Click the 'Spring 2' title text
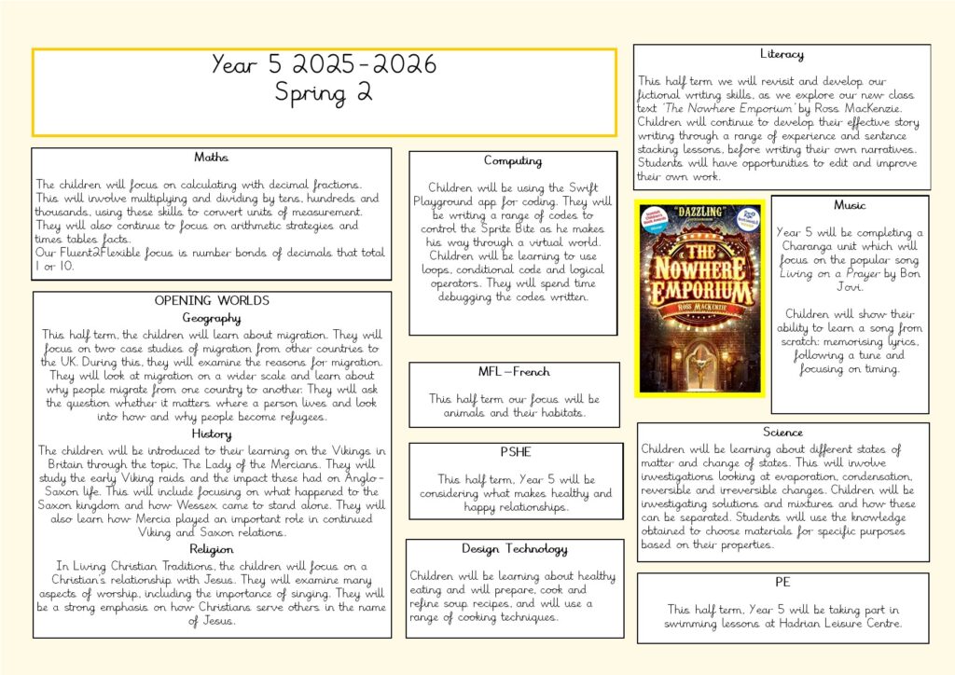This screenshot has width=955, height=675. coord(324,92)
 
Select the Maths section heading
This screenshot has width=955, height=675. coord(211,157)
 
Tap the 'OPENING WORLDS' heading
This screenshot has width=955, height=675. coord(212,301)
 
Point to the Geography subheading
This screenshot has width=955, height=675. coord(212,318)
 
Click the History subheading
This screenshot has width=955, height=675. coord(212,434)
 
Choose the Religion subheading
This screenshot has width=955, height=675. coord(212,549)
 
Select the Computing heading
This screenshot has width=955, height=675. coord(513,161)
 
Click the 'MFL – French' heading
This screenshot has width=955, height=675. coord(514,373)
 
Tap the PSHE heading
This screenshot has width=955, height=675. coord(516,452)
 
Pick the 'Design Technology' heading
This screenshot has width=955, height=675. coord(515,548)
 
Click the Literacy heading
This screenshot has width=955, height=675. coord(782,54)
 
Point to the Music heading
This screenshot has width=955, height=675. coord(850,205)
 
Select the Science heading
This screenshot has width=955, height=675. coord(782,432)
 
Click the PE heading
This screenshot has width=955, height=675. coord(782,582)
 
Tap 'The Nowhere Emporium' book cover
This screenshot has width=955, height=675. coord(699,297)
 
